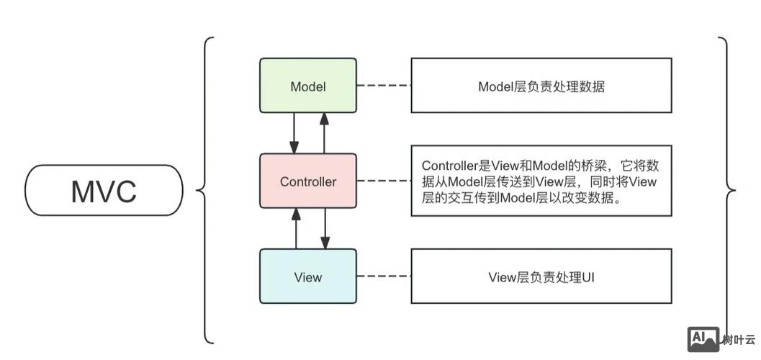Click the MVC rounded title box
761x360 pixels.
tap(104, 191)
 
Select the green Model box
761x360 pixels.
tap(307, 86)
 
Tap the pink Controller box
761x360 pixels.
tap(307, 181)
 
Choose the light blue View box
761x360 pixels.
tap(307, 276)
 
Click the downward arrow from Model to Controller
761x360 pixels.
tap(294, 132)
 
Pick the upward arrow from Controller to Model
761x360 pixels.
tap(324, 132)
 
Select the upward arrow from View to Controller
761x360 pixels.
tap(294, 228)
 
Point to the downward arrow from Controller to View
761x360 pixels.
tap(324, 228)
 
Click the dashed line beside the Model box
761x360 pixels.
tap(383, 86)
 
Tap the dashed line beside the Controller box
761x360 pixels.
tap(383, 181)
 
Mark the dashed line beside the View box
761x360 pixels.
tap(383, 276)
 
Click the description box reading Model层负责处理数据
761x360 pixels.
tap(541, 86)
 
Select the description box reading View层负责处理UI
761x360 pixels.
tap(541, 276)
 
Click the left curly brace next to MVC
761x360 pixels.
tap(202, 191)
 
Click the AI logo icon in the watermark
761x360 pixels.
tap(703, 339)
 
